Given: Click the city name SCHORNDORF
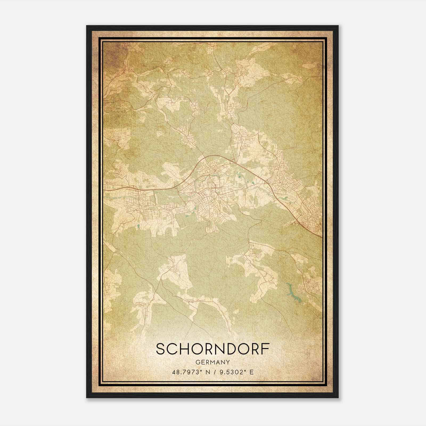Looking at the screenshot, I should tap(212, 349).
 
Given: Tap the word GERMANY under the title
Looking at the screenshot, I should tap(212, 362).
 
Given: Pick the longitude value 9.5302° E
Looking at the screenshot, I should tap(235, 372).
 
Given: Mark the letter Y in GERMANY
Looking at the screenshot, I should tap(228, 362).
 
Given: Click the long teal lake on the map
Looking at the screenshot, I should tap(294, 293).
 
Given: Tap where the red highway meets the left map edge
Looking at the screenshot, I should tap(104, 190).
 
